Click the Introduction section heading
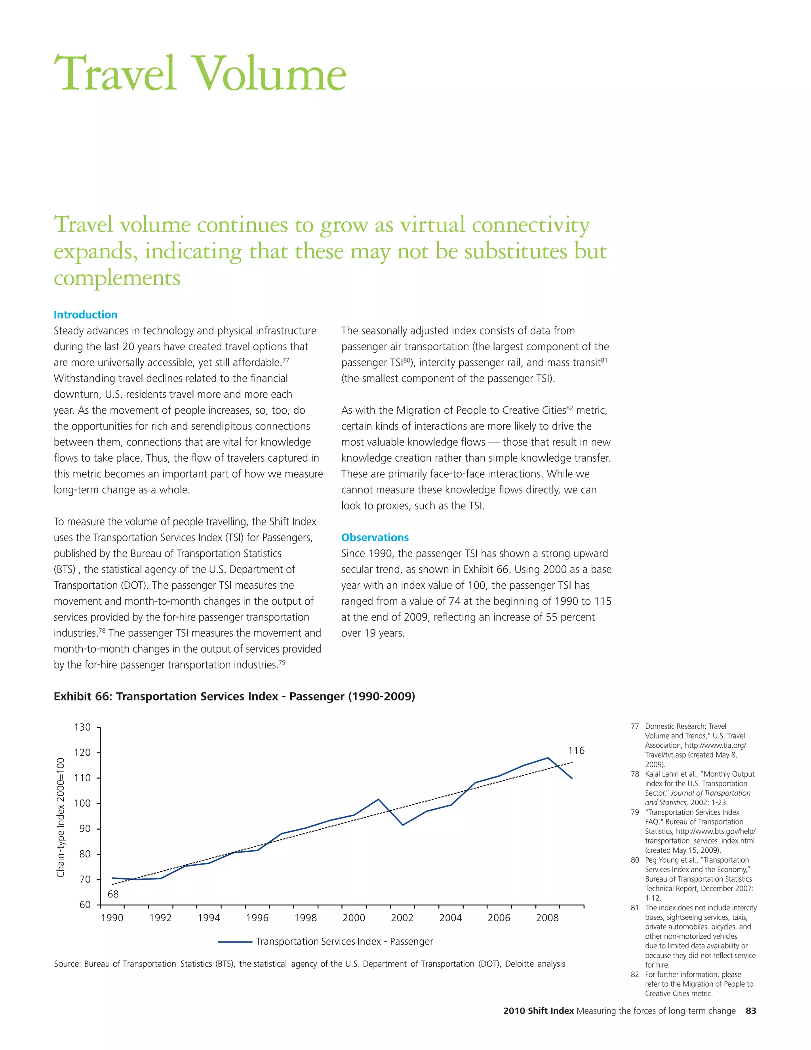86,315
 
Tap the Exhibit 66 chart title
234,696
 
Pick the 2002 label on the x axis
402,917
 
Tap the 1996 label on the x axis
257,917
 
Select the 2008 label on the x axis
547,917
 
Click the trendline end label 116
576,750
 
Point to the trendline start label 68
113,894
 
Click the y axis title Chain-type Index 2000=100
61,817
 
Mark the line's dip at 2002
403,825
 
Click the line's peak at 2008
548,758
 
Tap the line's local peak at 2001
379,799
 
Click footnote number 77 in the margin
635,726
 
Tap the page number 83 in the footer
750,1011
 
